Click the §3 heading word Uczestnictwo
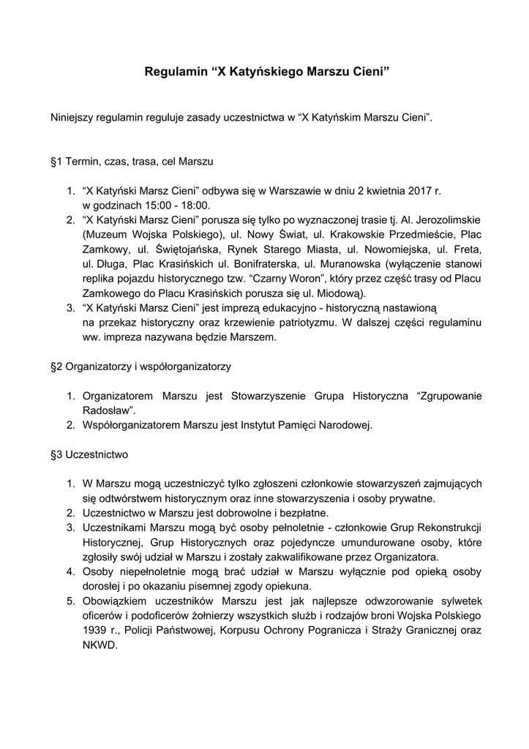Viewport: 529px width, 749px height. (x=97, y=454)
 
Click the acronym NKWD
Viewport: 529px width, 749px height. (x=99, y=645)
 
